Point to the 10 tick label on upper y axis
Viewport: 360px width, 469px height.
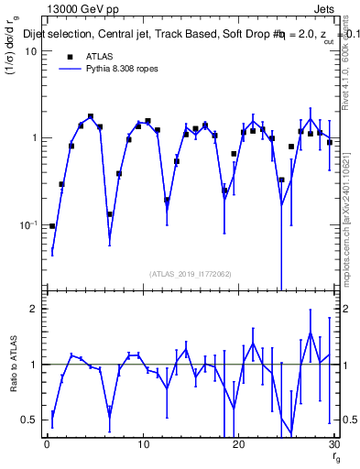point(30,51)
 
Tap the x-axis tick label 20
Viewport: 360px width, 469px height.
point(238,446)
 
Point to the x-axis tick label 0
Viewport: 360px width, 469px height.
point(47,446)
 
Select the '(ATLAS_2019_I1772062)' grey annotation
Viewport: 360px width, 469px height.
point(190,273)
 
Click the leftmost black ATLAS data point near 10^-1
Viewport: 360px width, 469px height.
point(52,225)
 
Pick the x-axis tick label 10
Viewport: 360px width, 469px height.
point(143,446)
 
